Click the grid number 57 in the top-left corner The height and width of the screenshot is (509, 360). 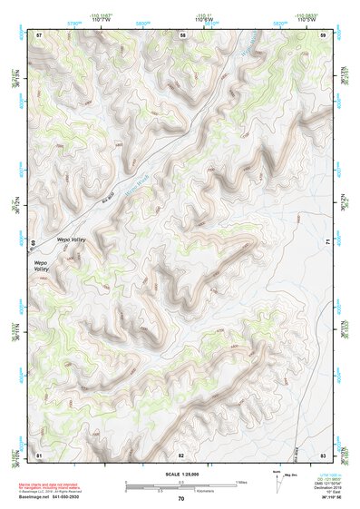(x=39, y=34)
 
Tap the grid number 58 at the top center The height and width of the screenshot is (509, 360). (x=182, y=34)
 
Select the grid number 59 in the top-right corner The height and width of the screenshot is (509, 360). (x=324, y=34)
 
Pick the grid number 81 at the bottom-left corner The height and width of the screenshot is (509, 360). (x=39, y=454)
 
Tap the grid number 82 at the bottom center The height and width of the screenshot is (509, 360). (x=181, y=454)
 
